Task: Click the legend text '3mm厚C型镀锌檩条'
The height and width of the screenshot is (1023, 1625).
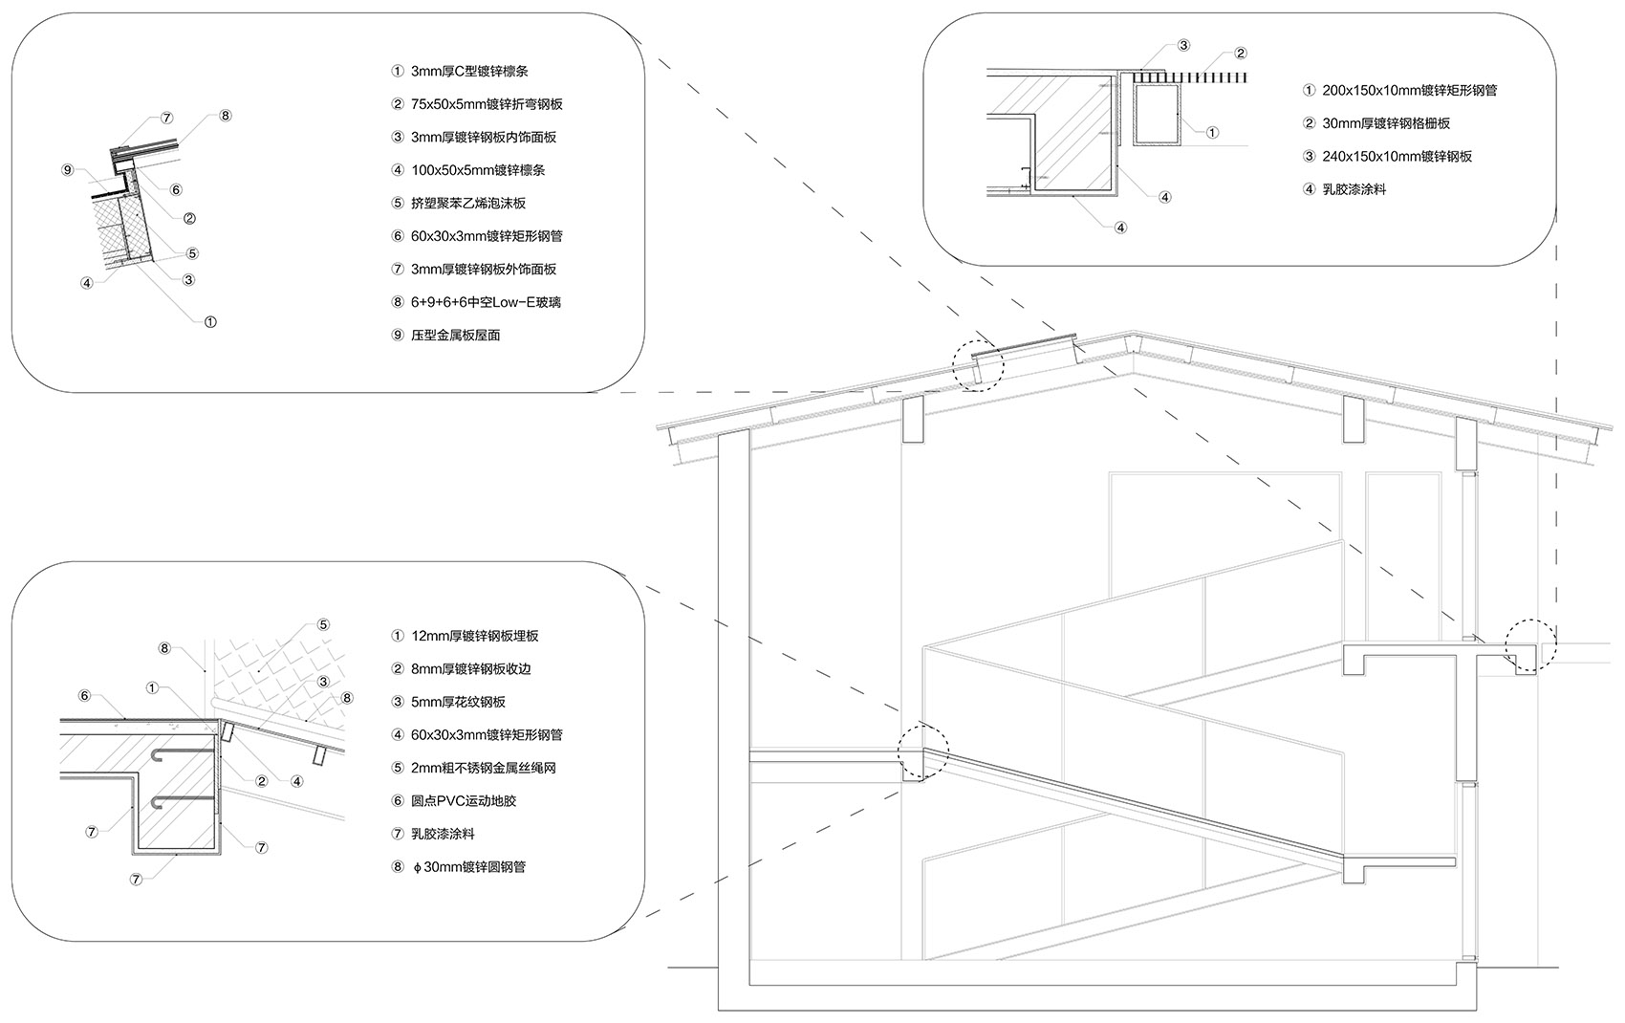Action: pos(469,72)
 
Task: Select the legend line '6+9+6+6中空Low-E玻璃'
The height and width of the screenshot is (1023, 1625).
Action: pos(486,302)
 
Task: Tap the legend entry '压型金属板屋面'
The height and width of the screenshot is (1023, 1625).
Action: pos(456,336)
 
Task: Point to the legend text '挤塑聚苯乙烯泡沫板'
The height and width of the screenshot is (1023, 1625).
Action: pos(468,204)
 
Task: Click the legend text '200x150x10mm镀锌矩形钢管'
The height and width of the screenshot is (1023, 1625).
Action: pos(1409,91)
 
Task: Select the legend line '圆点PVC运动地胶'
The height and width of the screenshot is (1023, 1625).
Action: pos(464,801)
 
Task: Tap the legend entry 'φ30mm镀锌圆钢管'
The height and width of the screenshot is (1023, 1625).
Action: pos(467,867)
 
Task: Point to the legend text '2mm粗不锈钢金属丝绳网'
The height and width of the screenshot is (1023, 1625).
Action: pos(483,768)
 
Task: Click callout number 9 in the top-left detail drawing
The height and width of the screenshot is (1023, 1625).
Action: pos(67,170)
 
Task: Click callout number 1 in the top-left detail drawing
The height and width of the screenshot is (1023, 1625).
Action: pos(210,321)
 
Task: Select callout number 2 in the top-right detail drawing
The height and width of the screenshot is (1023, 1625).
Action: pos(1241,54)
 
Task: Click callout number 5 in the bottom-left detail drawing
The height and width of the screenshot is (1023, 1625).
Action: pos(323,625)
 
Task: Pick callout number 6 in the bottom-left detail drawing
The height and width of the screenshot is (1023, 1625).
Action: pos(84,696)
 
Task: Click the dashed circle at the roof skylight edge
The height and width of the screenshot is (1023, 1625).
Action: pos(978,364)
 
